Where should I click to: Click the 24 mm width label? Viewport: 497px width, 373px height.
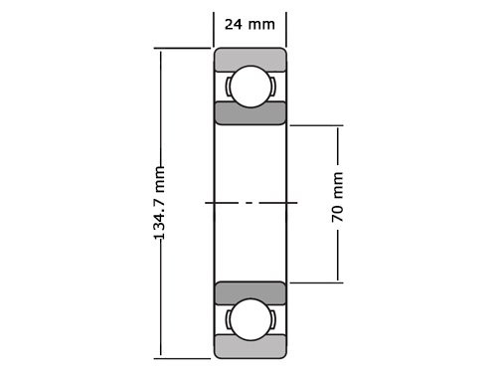[x=249, y=24]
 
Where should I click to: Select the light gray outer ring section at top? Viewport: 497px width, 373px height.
[x=249, y=57]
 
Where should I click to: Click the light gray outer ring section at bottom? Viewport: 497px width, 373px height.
[x=249, y=348]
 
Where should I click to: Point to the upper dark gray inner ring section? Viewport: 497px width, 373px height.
[x=249, y=113]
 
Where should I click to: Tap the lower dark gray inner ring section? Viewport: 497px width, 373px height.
[x=249, y=292]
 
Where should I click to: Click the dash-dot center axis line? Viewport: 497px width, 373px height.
[x=249, y=203]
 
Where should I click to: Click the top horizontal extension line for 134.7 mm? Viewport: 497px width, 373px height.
[x=184, y=48]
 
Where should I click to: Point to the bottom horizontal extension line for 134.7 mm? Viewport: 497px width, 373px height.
[x=184, y=357]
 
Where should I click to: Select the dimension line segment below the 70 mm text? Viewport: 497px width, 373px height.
[x=338, y=257]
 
